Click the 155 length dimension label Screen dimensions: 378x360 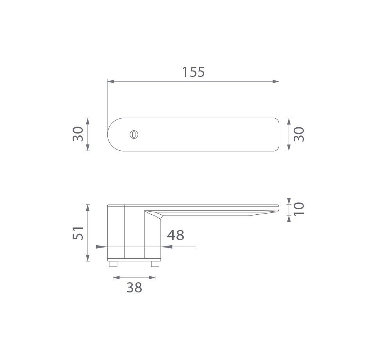tap(193, 72)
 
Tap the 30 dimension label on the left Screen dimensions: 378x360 tap(78, 134)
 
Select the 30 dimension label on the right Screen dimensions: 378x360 tap(299, 134)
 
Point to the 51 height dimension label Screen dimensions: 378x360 tap(78, 233)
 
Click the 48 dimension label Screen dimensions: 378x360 tap(175, 235)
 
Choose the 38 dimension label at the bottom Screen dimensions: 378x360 tap(134, 287)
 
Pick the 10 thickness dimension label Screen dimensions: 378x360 tap(299, 209)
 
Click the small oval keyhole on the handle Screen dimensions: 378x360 tap(134, 135)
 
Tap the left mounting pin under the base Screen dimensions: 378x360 tap(113, 264)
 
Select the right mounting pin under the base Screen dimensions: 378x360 tap(155, 264)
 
